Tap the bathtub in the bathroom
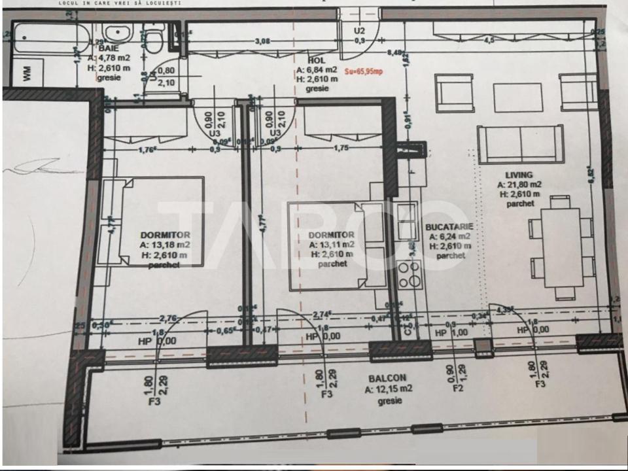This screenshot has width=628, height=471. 46,37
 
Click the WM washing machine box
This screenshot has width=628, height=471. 27,73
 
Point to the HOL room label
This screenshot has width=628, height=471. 306,60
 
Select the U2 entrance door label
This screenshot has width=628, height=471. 359,30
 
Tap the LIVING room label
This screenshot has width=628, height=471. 518,175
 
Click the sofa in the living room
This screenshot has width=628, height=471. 520,144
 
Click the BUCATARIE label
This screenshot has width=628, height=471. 449,227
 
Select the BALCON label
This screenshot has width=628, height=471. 387,377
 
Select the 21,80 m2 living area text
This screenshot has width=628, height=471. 518,184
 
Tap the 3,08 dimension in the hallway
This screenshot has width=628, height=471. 262,41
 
